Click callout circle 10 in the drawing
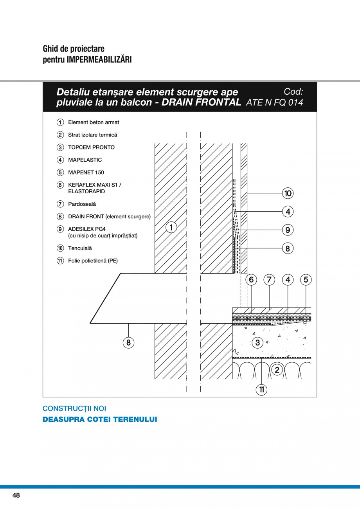288,193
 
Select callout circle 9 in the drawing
288,230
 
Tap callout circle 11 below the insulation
262,389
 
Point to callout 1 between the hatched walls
171,227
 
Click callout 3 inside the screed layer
257,343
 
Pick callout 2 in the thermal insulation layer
277,369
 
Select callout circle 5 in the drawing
306,279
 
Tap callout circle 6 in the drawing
251,279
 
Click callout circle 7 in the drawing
269,279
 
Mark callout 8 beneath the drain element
128,343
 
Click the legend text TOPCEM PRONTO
91,147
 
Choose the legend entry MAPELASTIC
85,160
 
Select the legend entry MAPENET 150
86,173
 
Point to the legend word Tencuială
80,248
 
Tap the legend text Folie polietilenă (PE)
93,261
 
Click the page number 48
16,495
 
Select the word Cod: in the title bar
293,92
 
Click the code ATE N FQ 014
274,103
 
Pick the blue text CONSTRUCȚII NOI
74,408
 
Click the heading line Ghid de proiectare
74,49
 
